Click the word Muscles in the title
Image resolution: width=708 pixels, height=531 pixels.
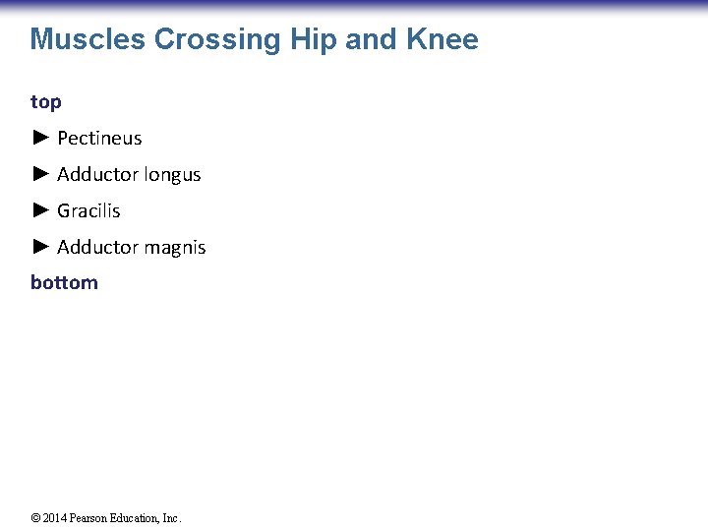pos(88,39)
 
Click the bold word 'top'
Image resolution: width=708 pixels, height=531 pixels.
pos(46,102)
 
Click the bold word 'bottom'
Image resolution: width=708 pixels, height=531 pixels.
pos(64,283)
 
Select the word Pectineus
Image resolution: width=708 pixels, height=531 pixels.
pos(99,139)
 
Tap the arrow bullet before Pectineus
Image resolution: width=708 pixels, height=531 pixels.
pos(40,138)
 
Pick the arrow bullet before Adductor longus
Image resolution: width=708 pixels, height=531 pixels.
pos(40,174)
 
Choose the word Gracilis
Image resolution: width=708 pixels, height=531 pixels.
pos(88,210)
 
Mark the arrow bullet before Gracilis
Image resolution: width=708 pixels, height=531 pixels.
pos(40,209)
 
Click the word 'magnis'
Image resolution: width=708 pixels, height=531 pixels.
pos(175,248)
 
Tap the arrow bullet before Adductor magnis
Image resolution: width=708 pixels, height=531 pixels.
pos(40,246)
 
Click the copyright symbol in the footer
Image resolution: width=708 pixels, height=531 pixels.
pos(35,518)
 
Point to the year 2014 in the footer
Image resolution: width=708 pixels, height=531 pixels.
pos(54,518)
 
